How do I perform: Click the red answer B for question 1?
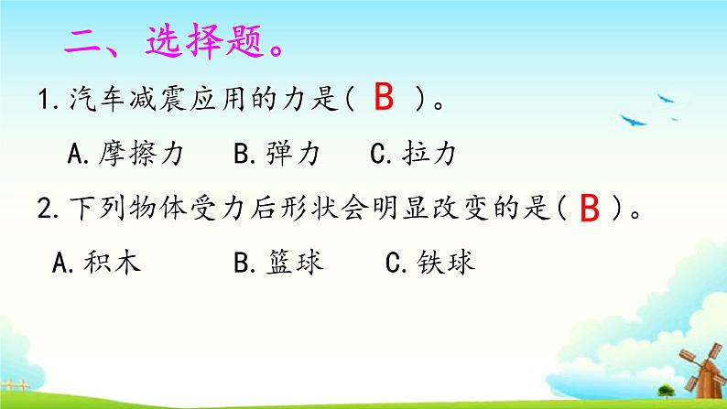385,98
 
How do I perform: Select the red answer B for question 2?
590,210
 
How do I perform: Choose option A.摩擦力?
126,155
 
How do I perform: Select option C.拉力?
412,155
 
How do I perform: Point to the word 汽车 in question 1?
90,100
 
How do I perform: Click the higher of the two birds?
667,92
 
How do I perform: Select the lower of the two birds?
632,119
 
